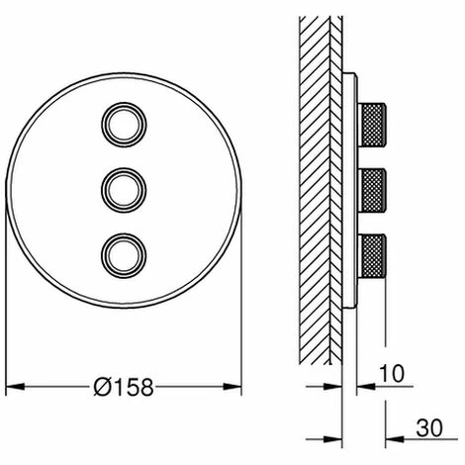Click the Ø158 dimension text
[124, 387]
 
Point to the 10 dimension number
[392, 374]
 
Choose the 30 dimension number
[429, 428]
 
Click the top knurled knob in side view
[372, 125]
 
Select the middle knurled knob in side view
[372, 190]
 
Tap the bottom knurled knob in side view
[372, 256]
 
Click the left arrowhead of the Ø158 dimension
[15, 387]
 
